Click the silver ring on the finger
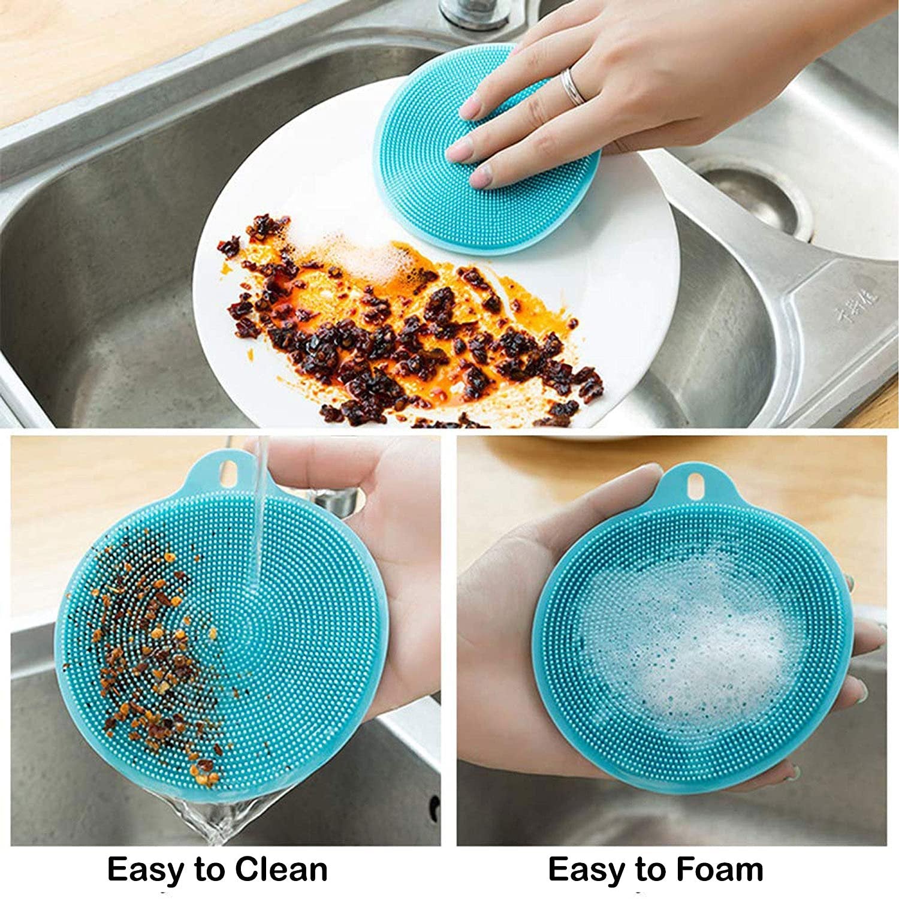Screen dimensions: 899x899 pos(572,85)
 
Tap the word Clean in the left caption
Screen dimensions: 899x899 pos(281,869)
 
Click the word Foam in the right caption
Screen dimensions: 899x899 pos(720,869)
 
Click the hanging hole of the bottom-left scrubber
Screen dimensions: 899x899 pos(230,475)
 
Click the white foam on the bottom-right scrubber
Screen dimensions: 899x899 pos(683,641)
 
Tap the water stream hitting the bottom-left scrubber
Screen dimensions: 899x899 pos(260,527)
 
